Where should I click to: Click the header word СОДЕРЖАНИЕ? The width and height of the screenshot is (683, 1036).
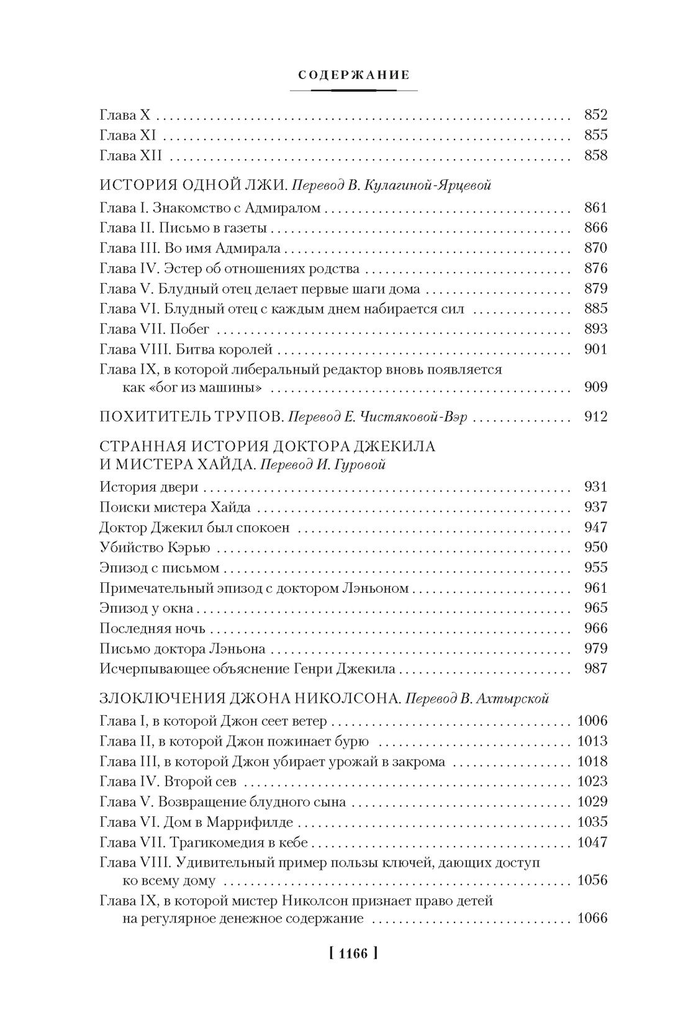point(353,75)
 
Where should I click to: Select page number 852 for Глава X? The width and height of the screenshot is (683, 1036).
point(595,115)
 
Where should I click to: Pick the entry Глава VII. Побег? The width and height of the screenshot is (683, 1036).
point(155,329)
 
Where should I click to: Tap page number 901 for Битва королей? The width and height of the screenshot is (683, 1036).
point(595,349)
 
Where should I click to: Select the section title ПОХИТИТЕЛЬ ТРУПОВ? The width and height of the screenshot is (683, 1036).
point(189,417)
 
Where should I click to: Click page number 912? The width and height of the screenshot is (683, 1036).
point(595,417)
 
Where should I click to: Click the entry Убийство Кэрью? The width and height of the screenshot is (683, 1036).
point(155,547)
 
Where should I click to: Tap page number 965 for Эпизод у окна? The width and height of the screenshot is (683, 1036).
point(595,608)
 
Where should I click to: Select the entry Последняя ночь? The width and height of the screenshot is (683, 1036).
point(152,628)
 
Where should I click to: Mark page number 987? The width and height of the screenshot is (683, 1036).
point(595,669)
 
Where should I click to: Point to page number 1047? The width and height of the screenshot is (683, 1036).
point(592,842)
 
